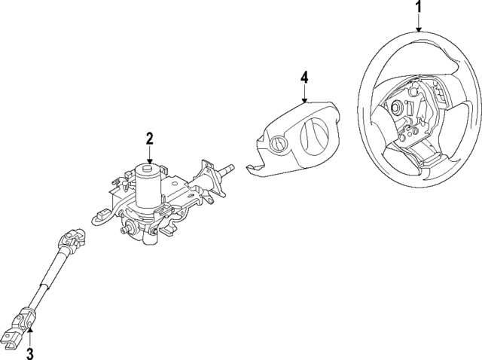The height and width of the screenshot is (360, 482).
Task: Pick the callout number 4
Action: [304, 77]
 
